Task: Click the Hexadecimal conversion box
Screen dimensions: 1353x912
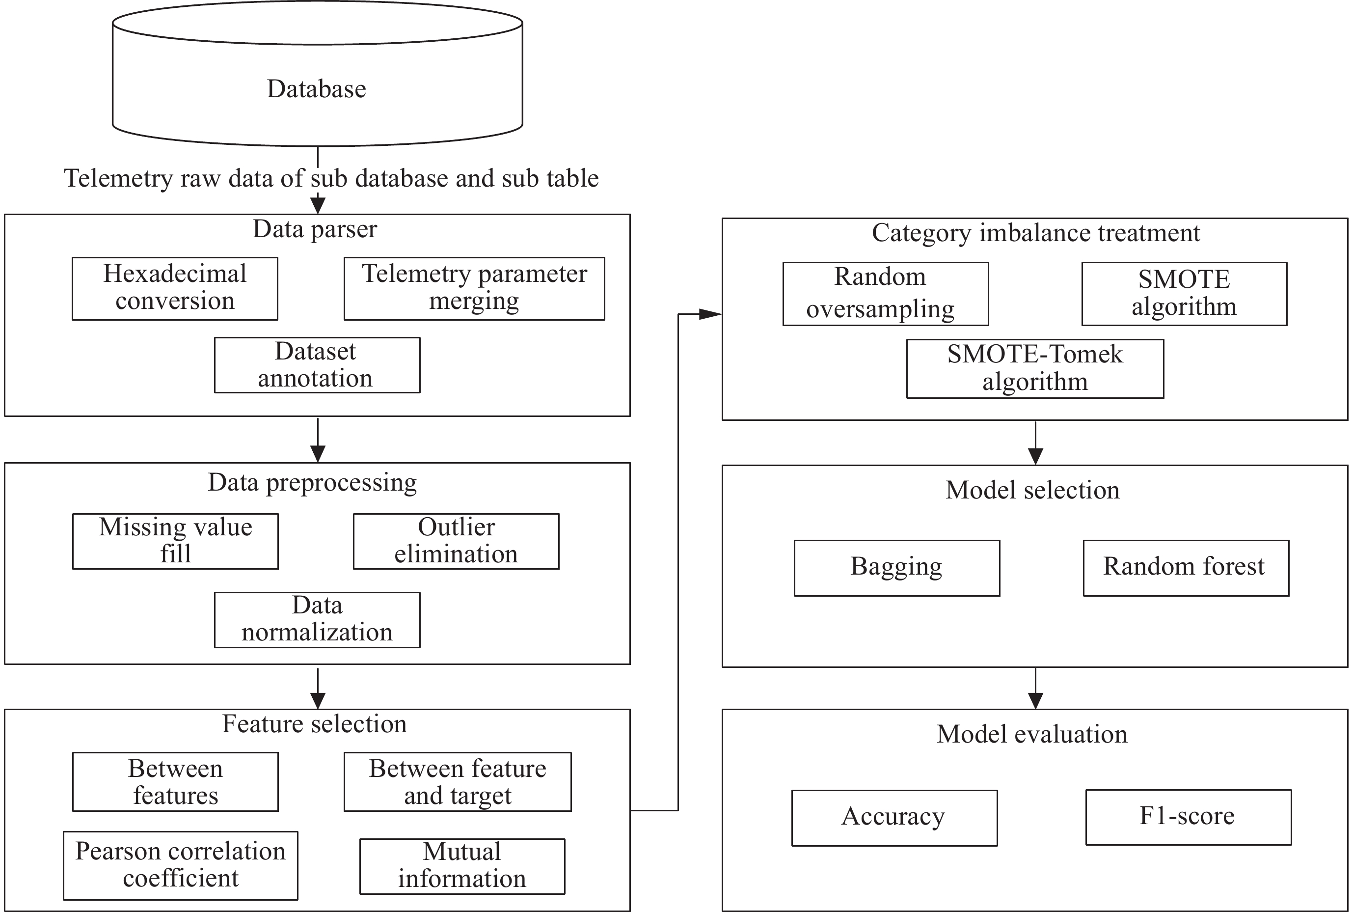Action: coord(174,288)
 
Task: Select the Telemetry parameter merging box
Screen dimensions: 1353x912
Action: coord(474,288)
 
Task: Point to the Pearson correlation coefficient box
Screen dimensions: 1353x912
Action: coord(180,865)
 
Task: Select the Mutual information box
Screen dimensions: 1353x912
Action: coord(462,866)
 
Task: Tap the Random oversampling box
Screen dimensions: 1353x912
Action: coord(886,294)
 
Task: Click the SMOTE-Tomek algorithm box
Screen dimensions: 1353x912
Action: coord(1035,369)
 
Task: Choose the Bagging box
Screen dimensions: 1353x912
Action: coord(897,568)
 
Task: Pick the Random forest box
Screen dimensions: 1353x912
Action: coord(1186,568)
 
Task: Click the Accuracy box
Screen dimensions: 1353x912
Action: coord(894,818)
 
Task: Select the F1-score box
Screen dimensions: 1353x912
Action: coord(1189,817)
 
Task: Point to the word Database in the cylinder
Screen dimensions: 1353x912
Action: coord(316,89)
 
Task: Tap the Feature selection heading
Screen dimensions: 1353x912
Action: coord(315,724)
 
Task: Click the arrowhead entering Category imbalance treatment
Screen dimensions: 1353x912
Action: coord(710,314)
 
